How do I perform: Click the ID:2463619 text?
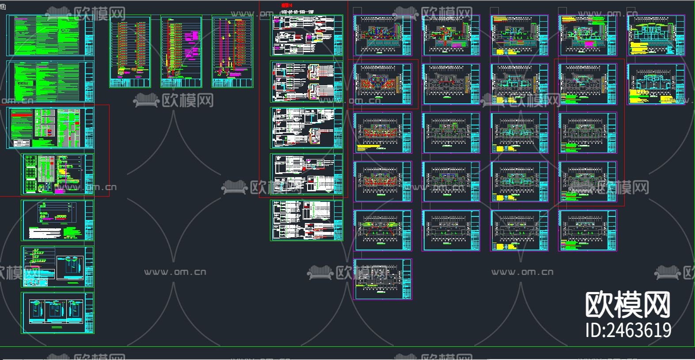pos(628,330)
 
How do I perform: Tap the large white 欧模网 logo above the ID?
pos(628,305)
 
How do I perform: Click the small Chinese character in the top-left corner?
pos(3,7)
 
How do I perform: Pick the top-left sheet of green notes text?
pos(50,35)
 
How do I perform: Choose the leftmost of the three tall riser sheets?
pos(130,52)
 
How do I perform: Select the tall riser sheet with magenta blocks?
pos(181,52)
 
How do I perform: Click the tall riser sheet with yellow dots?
pos(232,52)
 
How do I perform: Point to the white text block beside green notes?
pos(46,232)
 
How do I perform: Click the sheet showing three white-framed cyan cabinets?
pos(57,313)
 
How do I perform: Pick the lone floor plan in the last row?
pos(383,279)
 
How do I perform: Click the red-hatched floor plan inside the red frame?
pos(383,84)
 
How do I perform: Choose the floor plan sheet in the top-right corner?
pos(656,35)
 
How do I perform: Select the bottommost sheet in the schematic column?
pos(307,220)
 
